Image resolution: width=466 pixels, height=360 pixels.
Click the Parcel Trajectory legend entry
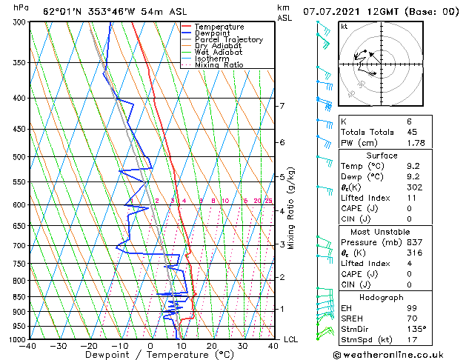[228, 40]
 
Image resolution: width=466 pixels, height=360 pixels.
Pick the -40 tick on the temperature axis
[29, 346]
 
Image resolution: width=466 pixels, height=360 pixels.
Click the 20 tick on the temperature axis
[212, 346]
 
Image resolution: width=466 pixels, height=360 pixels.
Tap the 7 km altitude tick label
[282, 106]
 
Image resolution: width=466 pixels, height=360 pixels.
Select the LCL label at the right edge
[291, 339]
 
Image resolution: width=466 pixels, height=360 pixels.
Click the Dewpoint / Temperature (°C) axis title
[150, 355]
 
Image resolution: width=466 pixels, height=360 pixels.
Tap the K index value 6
[409, 121]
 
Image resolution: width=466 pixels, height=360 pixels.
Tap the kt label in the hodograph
[344, 27]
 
